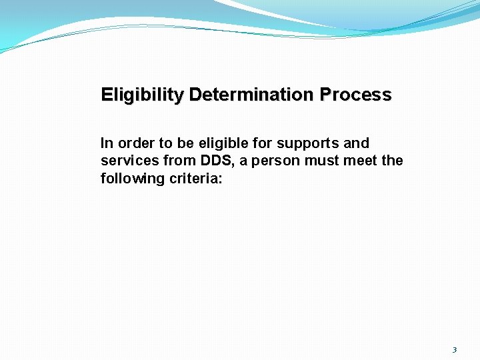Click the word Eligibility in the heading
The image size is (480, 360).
tap(143, 95)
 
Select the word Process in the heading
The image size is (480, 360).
tap(355, 95)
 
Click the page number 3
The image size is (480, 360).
tap(455, 350)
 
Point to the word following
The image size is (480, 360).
tap(129, 179)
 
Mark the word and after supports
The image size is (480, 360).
tap(357, 143)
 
